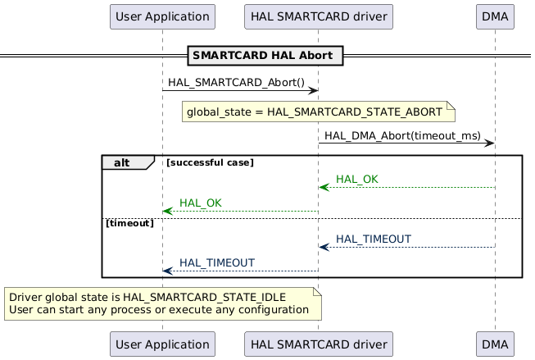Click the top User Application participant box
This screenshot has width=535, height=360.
[x=162, y=16]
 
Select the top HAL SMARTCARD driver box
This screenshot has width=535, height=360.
[x=319, y=16]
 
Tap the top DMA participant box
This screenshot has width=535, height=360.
[x=495, y=16]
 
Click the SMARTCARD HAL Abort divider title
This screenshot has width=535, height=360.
[x=266, y=56]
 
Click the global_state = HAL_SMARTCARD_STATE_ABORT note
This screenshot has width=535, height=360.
[x=318, y=112]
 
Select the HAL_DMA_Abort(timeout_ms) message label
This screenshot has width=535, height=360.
[x=401, y=134]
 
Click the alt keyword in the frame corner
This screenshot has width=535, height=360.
[x=123, y=162]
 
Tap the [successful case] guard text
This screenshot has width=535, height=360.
[x=210, y=162]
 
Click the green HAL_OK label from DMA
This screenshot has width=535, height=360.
[x=356, y=179]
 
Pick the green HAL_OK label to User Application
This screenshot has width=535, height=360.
[x=200, y=203]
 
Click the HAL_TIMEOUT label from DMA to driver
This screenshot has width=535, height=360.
[x=373, y=239]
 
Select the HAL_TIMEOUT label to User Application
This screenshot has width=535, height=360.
[x=216, y=262]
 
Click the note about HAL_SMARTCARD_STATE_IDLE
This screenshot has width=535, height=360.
[x=162, y=303]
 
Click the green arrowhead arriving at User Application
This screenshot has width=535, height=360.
[x=167, y=211]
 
